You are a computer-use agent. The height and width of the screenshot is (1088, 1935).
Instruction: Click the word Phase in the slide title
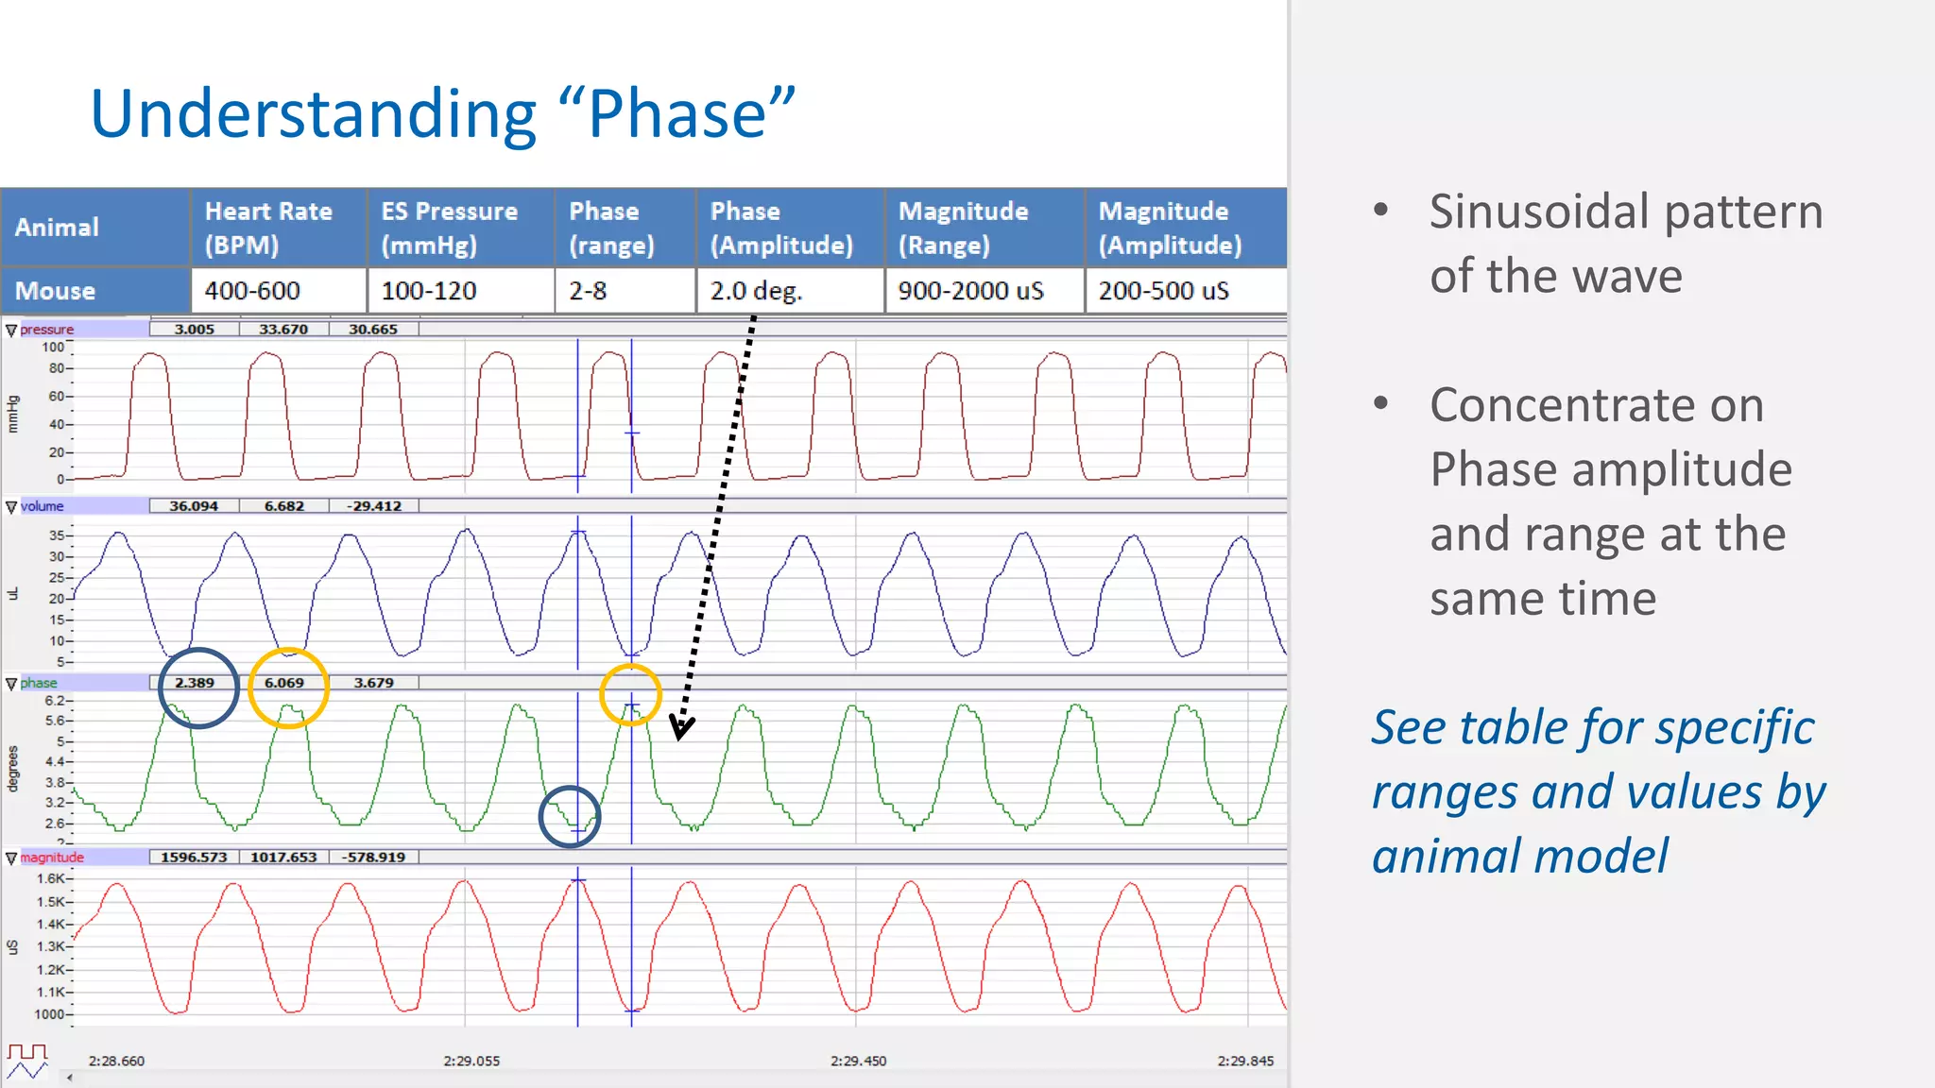[676, 114]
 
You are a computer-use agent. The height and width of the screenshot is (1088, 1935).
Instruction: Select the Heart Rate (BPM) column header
[268, 228]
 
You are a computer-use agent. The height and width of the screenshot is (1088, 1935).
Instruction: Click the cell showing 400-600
[252, 291]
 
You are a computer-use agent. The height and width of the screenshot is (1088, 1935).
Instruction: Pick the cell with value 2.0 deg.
[756, 291]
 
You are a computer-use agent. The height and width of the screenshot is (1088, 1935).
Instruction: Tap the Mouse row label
[55, 291]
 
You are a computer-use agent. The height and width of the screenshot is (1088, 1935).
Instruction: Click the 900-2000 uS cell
[970, 291]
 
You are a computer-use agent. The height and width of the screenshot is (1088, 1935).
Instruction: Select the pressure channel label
[46, 330]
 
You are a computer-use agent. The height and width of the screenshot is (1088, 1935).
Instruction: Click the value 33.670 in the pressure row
[283, 330]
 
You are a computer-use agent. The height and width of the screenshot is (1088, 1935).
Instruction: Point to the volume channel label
[43, 506]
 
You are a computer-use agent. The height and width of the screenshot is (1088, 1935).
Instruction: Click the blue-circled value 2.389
[195, 683]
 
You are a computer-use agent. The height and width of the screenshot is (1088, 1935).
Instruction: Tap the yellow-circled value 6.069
[284, 683]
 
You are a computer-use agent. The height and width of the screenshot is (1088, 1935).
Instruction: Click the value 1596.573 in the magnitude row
[194, 858]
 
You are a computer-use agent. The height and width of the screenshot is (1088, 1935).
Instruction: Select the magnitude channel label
[52, 858]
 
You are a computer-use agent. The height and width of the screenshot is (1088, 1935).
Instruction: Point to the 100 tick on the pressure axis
[53, 348]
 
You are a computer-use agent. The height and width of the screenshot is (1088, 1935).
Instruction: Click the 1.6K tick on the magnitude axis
[52, 879]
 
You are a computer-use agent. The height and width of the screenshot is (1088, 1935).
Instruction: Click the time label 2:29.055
[471, 1061]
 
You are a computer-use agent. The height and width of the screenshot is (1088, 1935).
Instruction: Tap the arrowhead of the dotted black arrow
[681, 727]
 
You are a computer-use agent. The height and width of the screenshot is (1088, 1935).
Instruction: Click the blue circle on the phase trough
[570, 816]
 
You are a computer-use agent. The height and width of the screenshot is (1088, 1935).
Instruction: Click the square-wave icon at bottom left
[27, 1052]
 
